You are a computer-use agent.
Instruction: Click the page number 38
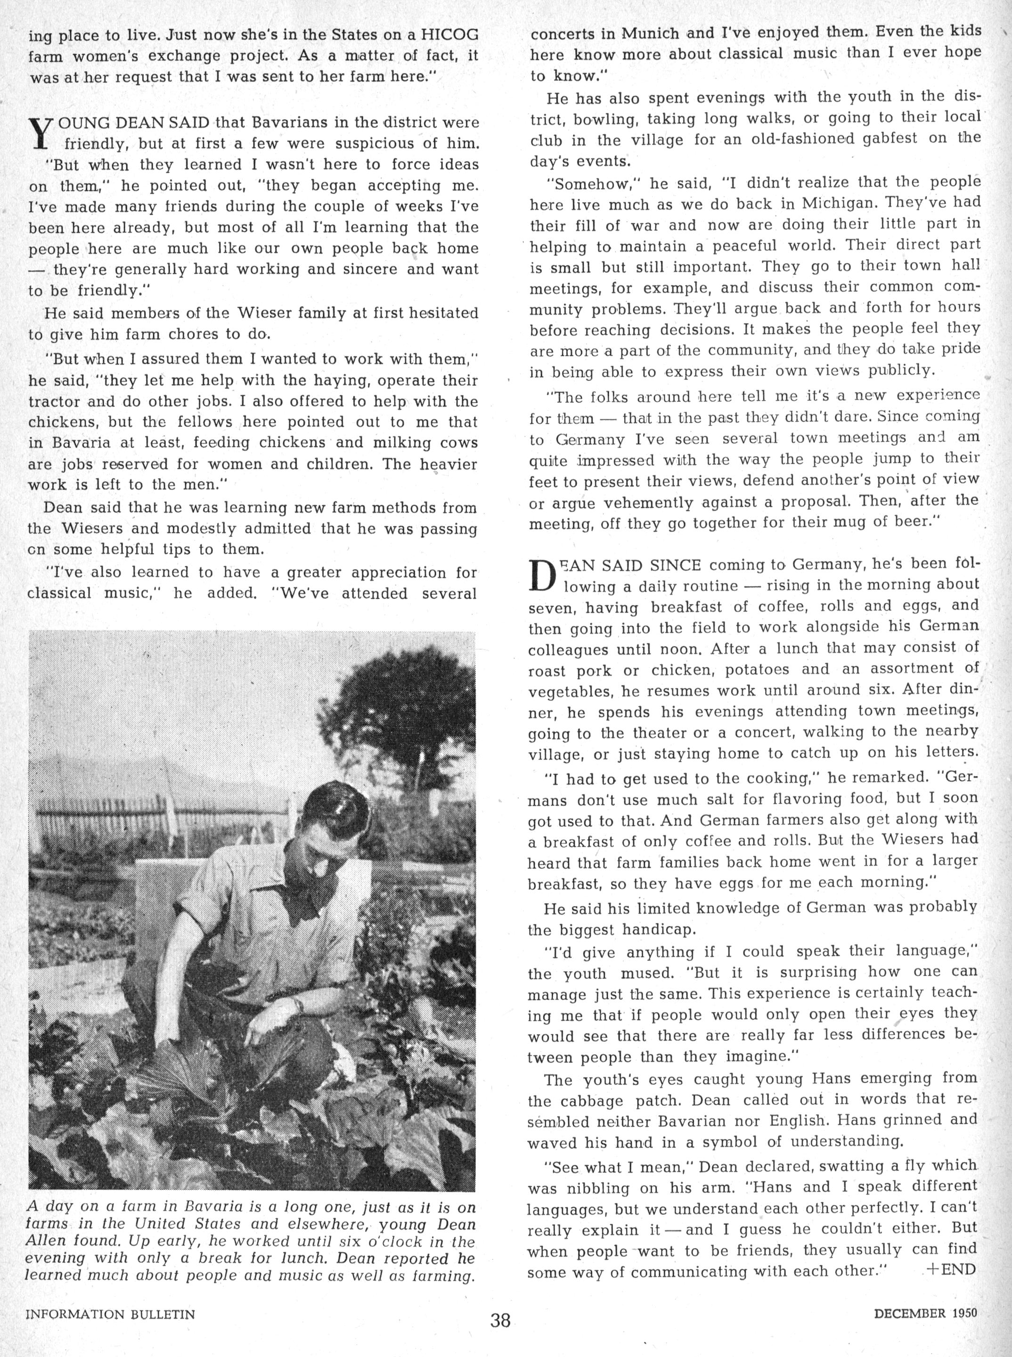(500, 1318)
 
